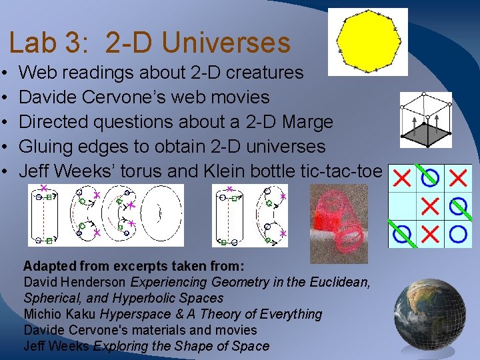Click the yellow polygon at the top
point(369,41)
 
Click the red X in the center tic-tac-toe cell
point(430,206)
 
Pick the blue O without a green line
point(458,234)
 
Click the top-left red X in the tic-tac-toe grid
point(402,177)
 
